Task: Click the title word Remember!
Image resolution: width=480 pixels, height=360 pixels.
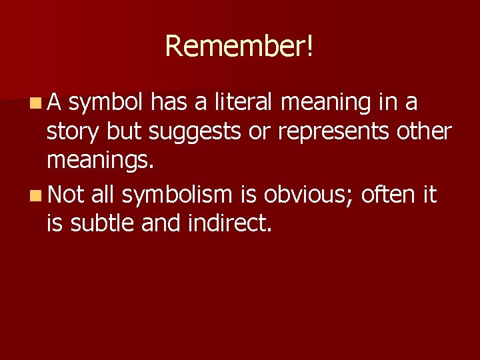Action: point(239,46)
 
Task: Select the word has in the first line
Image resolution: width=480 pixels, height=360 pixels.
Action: point(168,103)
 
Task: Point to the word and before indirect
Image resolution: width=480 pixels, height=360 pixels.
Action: point(156,225)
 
